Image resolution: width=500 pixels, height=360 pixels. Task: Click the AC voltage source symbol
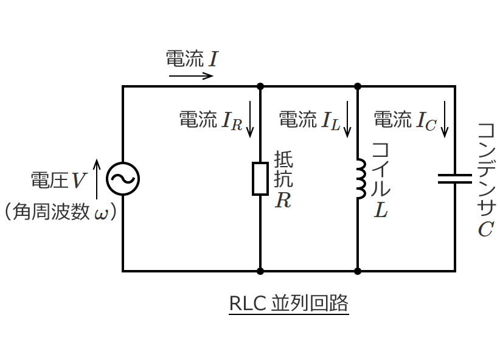click(123, 179)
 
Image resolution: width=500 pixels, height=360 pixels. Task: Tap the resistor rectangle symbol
click(260, 179)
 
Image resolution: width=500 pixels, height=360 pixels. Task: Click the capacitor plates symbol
click(455, 179)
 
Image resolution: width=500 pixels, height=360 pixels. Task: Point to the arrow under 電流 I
click(191, 76)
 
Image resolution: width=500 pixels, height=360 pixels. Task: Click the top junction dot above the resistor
click(260, 86)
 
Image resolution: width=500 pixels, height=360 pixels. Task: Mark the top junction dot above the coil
click(358, 86)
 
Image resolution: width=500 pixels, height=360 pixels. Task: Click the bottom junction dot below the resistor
click(260, 271)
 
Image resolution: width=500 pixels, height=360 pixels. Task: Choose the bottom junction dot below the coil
click(358, 271)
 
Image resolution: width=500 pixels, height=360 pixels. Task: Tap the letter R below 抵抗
click(283, 200)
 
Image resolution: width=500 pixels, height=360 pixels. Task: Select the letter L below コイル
click(381, 210)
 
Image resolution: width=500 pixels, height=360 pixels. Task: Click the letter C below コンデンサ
click(485, 230)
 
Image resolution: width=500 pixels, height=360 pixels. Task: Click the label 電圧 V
click(58, 180)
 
